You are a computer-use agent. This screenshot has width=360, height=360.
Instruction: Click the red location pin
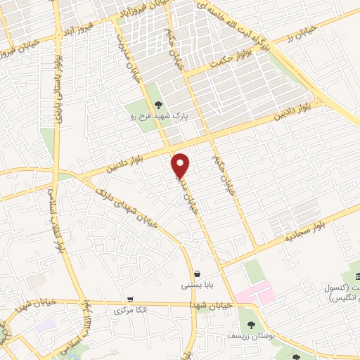tap(181, 165)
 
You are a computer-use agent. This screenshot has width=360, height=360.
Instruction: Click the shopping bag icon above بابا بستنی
tap(195, 274)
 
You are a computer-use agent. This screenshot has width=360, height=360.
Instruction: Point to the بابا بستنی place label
tap(195, 285)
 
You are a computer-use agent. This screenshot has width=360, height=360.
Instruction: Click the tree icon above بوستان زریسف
tap(251, 324)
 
